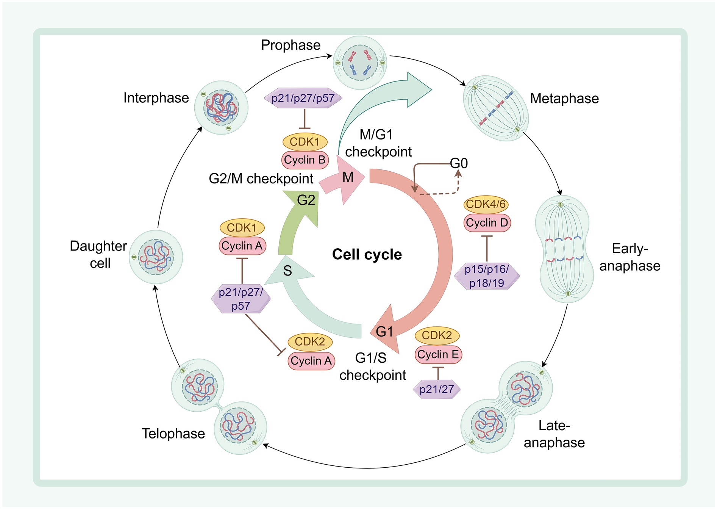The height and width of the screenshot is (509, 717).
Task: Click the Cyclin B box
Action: pyautogui.click(x=305, y=160)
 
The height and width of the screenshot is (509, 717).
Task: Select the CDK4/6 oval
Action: pyautogui.click(x=486, y=204)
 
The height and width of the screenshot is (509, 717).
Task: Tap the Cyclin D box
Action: pyautogui.click(x=487, y=223)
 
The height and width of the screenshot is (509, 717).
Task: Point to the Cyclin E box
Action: pyautogui.click(x=438, y=355)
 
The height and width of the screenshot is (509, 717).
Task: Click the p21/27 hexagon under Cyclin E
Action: pyautogui.click(x=437, y=389)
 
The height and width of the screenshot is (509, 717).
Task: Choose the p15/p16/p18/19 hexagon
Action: pyautogui.click(x=487, y=276)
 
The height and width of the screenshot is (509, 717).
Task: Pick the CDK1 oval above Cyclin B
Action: pyautogui.click(x=305, y=142)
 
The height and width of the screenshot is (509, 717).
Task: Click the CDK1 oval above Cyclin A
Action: pyautogui.click(x=242, y=228)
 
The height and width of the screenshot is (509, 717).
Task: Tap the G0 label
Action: pyautogui.click(x=459, y=163)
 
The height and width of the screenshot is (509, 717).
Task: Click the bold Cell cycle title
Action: pyautogui.click(x=367, y=254)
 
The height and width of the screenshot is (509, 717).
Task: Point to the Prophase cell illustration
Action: pyautogui.click(x=360, y=63)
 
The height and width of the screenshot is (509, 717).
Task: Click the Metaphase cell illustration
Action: pyautogui.click(x=496, y=108)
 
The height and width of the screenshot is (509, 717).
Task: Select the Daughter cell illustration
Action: pyautogui.click(x=156, y=257)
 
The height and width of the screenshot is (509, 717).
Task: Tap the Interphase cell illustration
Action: pyautogui.click(x=222, y=108)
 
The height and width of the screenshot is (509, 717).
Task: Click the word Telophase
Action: pyautogui.click(x=173, y=434)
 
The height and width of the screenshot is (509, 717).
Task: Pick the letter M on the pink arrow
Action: pyautogui.click(x=348, y=177)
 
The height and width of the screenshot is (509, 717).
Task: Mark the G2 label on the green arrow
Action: pyautogui.click(x=306, y=200)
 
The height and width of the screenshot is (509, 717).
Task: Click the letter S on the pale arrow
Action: pyautogui.click(x=288, y=271)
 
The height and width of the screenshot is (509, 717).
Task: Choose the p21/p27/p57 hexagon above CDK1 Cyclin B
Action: pyautogui.click(x=303, y=99)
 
